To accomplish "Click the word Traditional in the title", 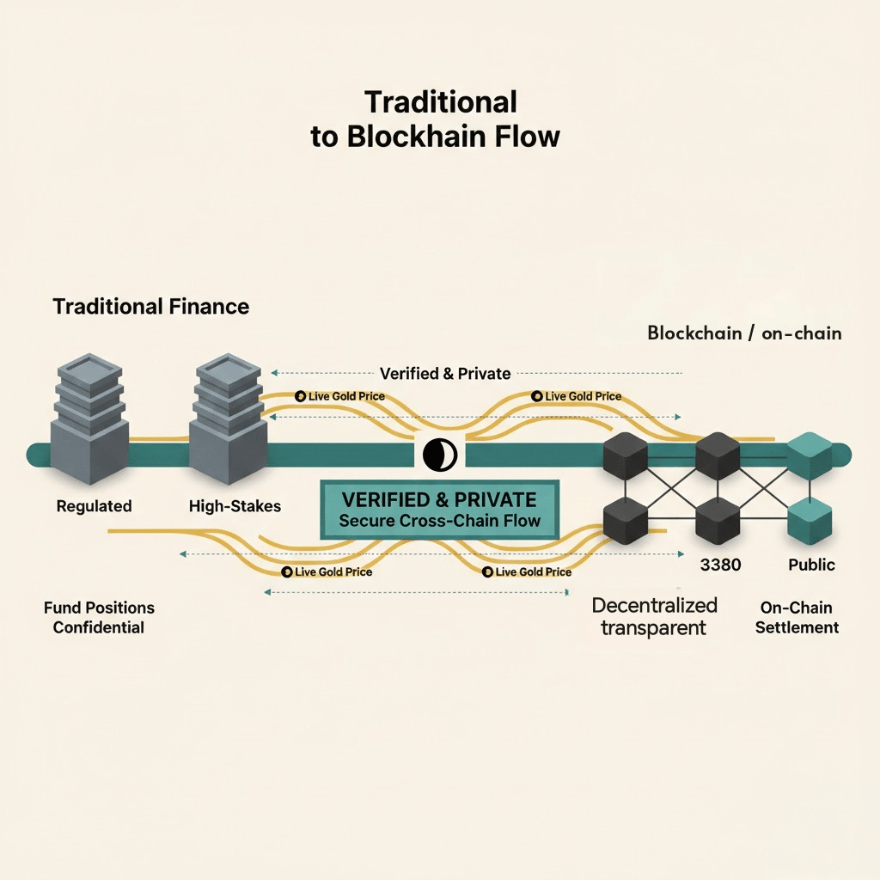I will (x=441, y=102).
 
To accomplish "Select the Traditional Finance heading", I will (x=151, y=306).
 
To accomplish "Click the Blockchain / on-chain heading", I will (x=744, y=333).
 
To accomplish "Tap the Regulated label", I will (x=94, y=506).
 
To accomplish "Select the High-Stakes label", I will (x=235, y=506).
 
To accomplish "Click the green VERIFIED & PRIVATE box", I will (x=439, y=509).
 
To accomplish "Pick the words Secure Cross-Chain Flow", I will (x=439, y=521).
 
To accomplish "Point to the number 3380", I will (x=719, y=565).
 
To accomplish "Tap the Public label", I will (x=811, y=565).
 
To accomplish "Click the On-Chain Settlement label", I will (x=797, y=618).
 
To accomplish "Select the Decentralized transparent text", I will (x=653, y=616).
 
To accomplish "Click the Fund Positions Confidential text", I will (x=99, y=618).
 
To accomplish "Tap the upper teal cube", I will (x=810, y=455).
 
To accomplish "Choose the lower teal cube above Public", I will (x=810, y=519).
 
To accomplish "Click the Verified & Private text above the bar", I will (x=445, y=374).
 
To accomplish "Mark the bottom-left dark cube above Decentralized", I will (x=625, y=520).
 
